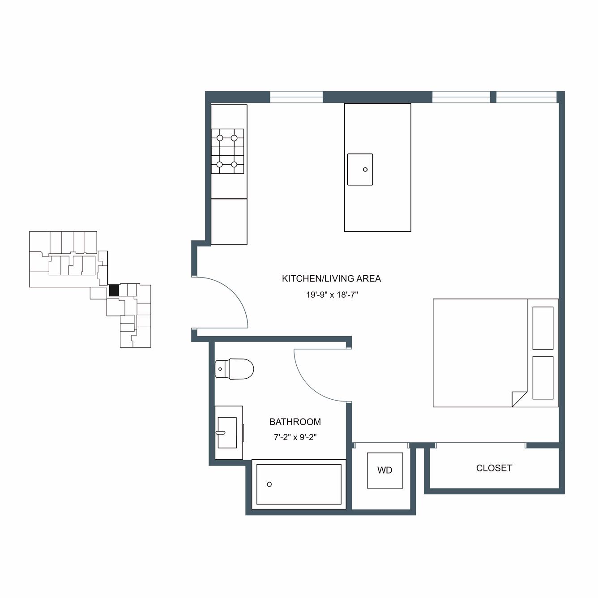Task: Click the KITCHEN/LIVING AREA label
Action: (331, 279)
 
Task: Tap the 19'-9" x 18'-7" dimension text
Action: (332, 295)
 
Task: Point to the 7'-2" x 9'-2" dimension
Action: (295, 437)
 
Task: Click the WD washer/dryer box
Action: (385, 470)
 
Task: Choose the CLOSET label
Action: (494, 468)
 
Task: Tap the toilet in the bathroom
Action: (234, 369)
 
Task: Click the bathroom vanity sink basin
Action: (227, 432)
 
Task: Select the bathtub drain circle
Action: (269, 484)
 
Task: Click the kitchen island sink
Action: (360, 170)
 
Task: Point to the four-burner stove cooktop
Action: (227, 151)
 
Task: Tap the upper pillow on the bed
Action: (543, 328)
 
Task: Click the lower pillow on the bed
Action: (543, 378)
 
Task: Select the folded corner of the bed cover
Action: (518, 400)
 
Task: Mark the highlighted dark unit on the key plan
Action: (114, 290)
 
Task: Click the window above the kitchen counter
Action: (296, 97)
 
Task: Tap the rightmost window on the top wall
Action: (527, 97)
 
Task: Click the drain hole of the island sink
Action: (365, 170)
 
